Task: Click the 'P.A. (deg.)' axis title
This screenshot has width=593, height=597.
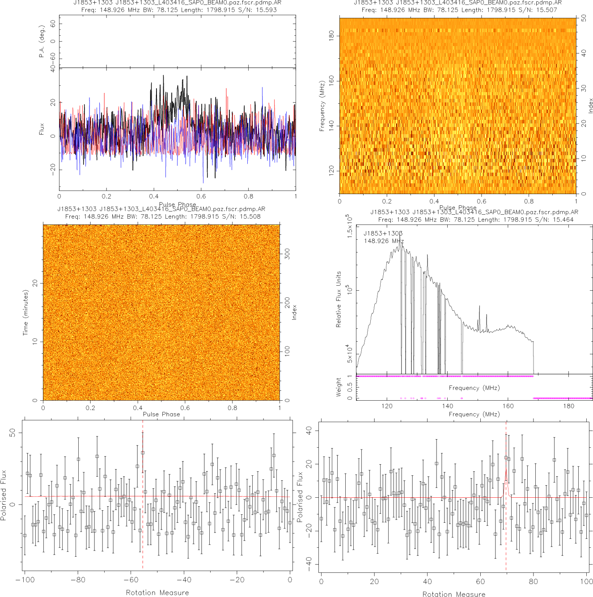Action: (42, 42)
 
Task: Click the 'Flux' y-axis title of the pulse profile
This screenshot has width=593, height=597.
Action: (42, 129)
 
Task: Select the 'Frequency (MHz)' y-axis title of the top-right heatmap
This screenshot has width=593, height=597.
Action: (322, 106)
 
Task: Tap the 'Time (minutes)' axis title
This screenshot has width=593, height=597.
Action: (25, 313)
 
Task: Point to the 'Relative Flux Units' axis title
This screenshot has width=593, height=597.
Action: (339, 299)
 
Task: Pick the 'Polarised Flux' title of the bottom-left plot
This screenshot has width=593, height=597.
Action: (4, 495)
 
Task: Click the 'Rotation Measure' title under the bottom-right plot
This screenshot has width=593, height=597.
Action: (453, 594)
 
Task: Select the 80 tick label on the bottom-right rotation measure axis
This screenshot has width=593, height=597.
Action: (533, 581)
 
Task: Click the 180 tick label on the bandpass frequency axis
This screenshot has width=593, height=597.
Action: (568, 406)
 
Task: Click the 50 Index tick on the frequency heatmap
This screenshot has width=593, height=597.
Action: (584, 18)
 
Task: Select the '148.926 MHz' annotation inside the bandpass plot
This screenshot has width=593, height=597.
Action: (384, 241)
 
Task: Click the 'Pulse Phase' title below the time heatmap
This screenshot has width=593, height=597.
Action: (161, 414)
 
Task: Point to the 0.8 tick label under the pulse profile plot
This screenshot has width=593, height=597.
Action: (248, 196)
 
